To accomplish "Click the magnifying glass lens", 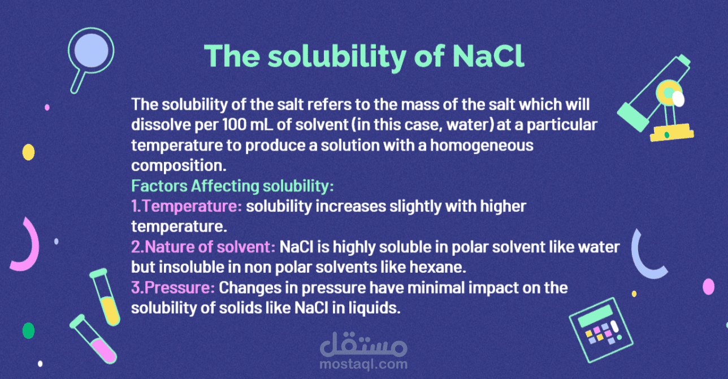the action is click(91, 51).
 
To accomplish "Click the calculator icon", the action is click(601, 330).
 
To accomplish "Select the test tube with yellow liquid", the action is click(105, 297).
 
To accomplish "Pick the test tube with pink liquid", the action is click(93, 339).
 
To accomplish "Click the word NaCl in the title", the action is click(488, 56).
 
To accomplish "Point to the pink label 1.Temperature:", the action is click(187, 206).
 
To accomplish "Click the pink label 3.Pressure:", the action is click(173, 287).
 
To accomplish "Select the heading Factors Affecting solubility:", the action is click(232, 186).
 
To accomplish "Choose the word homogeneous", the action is click(482, 146).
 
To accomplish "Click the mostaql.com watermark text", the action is click(363, 364).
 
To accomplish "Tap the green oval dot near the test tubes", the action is click(28, 330).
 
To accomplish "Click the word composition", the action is click(179, 165).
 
